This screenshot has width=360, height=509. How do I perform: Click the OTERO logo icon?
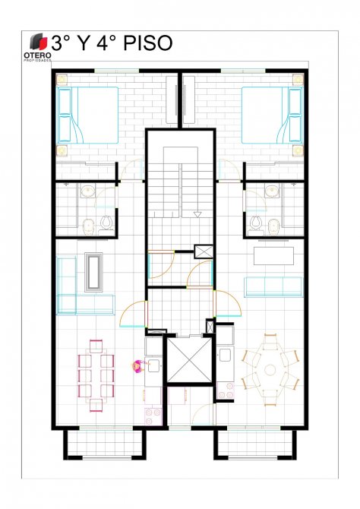click(x=38, y=42)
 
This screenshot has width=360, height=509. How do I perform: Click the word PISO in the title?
click(x=147, y=43)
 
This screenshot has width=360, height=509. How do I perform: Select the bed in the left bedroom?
click(x=87, y=115)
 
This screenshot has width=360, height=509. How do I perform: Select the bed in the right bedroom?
click(x=273, y=115)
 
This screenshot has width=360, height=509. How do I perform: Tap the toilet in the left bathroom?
click(x=106, y=223)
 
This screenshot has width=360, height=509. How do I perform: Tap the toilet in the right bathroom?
click(x=256, y=223)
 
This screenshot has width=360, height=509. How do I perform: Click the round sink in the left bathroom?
click(x=87, y=191)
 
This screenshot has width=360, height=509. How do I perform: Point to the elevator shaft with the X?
click(x=189, y=360)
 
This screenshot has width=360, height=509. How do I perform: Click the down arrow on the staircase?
click(x=197, y=214)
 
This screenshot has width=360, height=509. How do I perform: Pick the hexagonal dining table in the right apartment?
click(x=270, y=369)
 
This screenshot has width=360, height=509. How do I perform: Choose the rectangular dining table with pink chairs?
click(x=96, y=375)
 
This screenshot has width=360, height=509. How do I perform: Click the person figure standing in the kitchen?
click(x=137, y=366)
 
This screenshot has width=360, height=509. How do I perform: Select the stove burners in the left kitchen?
click(x=153, y=416)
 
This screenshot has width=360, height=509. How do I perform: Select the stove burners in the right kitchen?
click(x=226, y=390)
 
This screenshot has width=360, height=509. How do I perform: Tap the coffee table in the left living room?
click(x=94, y=273)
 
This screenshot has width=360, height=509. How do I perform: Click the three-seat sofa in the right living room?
click(x=273, y=287)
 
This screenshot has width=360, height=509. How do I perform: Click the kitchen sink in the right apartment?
click(x=225, y=355)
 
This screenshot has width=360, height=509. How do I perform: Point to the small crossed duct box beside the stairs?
click(x=204, y=251)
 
